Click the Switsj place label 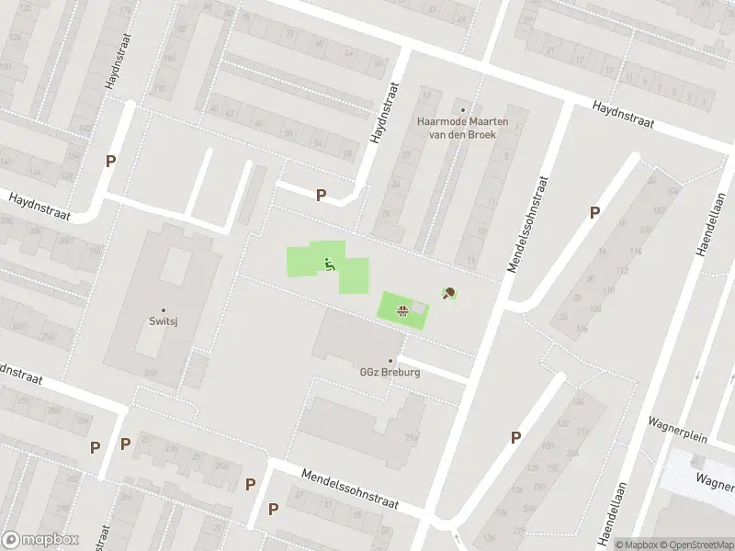(x=164, y=322)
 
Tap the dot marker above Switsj (x=164, y=310)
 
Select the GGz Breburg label (x=390, y=373)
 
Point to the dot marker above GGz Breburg (x=390, y=361)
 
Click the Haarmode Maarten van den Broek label (x=457, y=128)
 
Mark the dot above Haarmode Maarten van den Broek (x=462, y=109)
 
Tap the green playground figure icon (x=329, y=266)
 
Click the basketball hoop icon (x=401, y=310)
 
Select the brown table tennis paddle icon (x=449, y=294)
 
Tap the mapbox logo (x=40, y=540)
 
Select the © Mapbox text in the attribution (x=638, y=545)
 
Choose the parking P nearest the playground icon (x=321, y=195)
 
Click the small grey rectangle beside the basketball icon (x=418, y=307)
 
